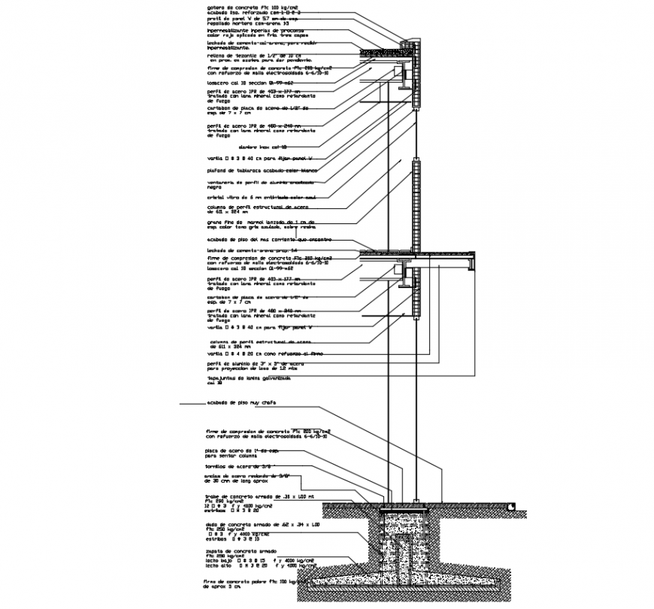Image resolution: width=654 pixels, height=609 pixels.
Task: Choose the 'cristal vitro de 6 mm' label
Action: coord(252,197)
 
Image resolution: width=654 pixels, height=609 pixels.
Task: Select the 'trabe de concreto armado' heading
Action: coord(248,497)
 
